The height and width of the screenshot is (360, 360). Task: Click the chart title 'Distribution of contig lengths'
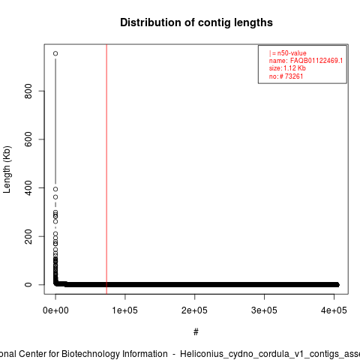(x=196, y=22)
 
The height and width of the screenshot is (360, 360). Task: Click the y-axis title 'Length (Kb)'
(x=7, y=169)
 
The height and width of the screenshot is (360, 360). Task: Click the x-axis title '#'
(x=196, y=332)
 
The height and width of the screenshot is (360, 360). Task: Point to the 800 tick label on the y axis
(x=28, y=91)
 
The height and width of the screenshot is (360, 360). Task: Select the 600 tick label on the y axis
(x=28, y=139)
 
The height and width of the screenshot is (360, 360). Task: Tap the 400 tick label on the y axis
(x=28, y=187)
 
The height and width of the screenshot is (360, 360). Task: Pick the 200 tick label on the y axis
(x=28, y=236)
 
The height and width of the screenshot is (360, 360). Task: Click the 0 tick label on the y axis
(x=28, y=285)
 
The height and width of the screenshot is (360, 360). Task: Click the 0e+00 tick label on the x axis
(x=55, y=310)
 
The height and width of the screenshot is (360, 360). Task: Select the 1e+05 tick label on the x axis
(x=125, y=310)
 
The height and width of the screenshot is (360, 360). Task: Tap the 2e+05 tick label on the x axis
(x=194, y=310)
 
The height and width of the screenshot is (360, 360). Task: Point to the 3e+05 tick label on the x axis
(x=264, y=310)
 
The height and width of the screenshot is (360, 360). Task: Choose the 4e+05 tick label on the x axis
(x=334, y=310)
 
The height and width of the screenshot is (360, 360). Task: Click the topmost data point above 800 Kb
(x=55, y=53)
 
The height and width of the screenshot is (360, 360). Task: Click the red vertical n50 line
(x=106, y=169)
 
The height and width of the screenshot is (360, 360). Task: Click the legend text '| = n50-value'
(x=288, y=53)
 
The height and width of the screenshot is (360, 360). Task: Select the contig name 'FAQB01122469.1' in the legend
(x=316, y=61)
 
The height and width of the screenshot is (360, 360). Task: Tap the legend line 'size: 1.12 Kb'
(x=287, y=68)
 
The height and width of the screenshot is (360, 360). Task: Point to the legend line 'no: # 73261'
(x=286, y=76)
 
